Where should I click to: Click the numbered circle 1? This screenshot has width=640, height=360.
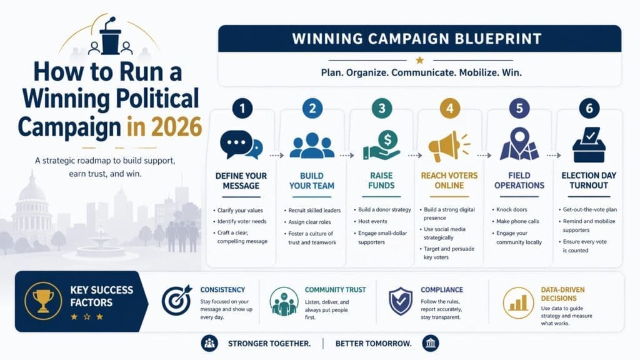(x=242, y=108)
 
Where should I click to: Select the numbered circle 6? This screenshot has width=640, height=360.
(x=587, y=108)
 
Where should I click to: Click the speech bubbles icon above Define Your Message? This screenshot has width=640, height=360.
(x=241, y=145)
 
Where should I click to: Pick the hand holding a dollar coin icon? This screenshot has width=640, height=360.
(x=381, y=146)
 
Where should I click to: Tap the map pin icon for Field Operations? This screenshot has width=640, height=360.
(x=518, y=144)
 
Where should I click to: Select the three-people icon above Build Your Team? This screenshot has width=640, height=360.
(x=311, y=147)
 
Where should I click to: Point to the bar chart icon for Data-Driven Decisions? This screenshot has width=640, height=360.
(x=517, y=301)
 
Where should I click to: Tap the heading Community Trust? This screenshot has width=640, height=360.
(x=335, y=290)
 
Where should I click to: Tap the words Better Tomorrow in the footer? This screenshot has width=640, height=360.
(x=373, y=343)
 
